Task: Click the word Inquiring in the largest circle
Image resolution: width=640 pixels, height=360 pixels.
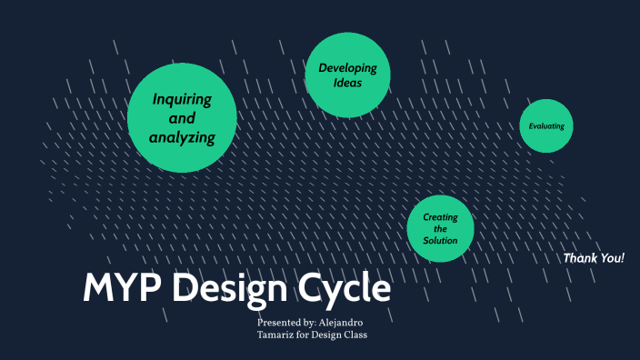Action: click(182, 99)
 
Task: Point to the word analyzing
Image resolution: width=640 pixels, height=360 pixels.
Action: click(182, 138)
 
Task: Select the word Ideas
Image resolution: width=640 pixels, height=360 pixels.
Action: click(347, 83)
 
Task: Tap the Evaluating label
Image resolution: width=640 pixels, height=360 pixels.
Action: click(546, 126)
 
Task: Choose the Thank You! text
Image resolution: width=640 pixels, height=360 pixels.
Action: click(594, 258)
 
